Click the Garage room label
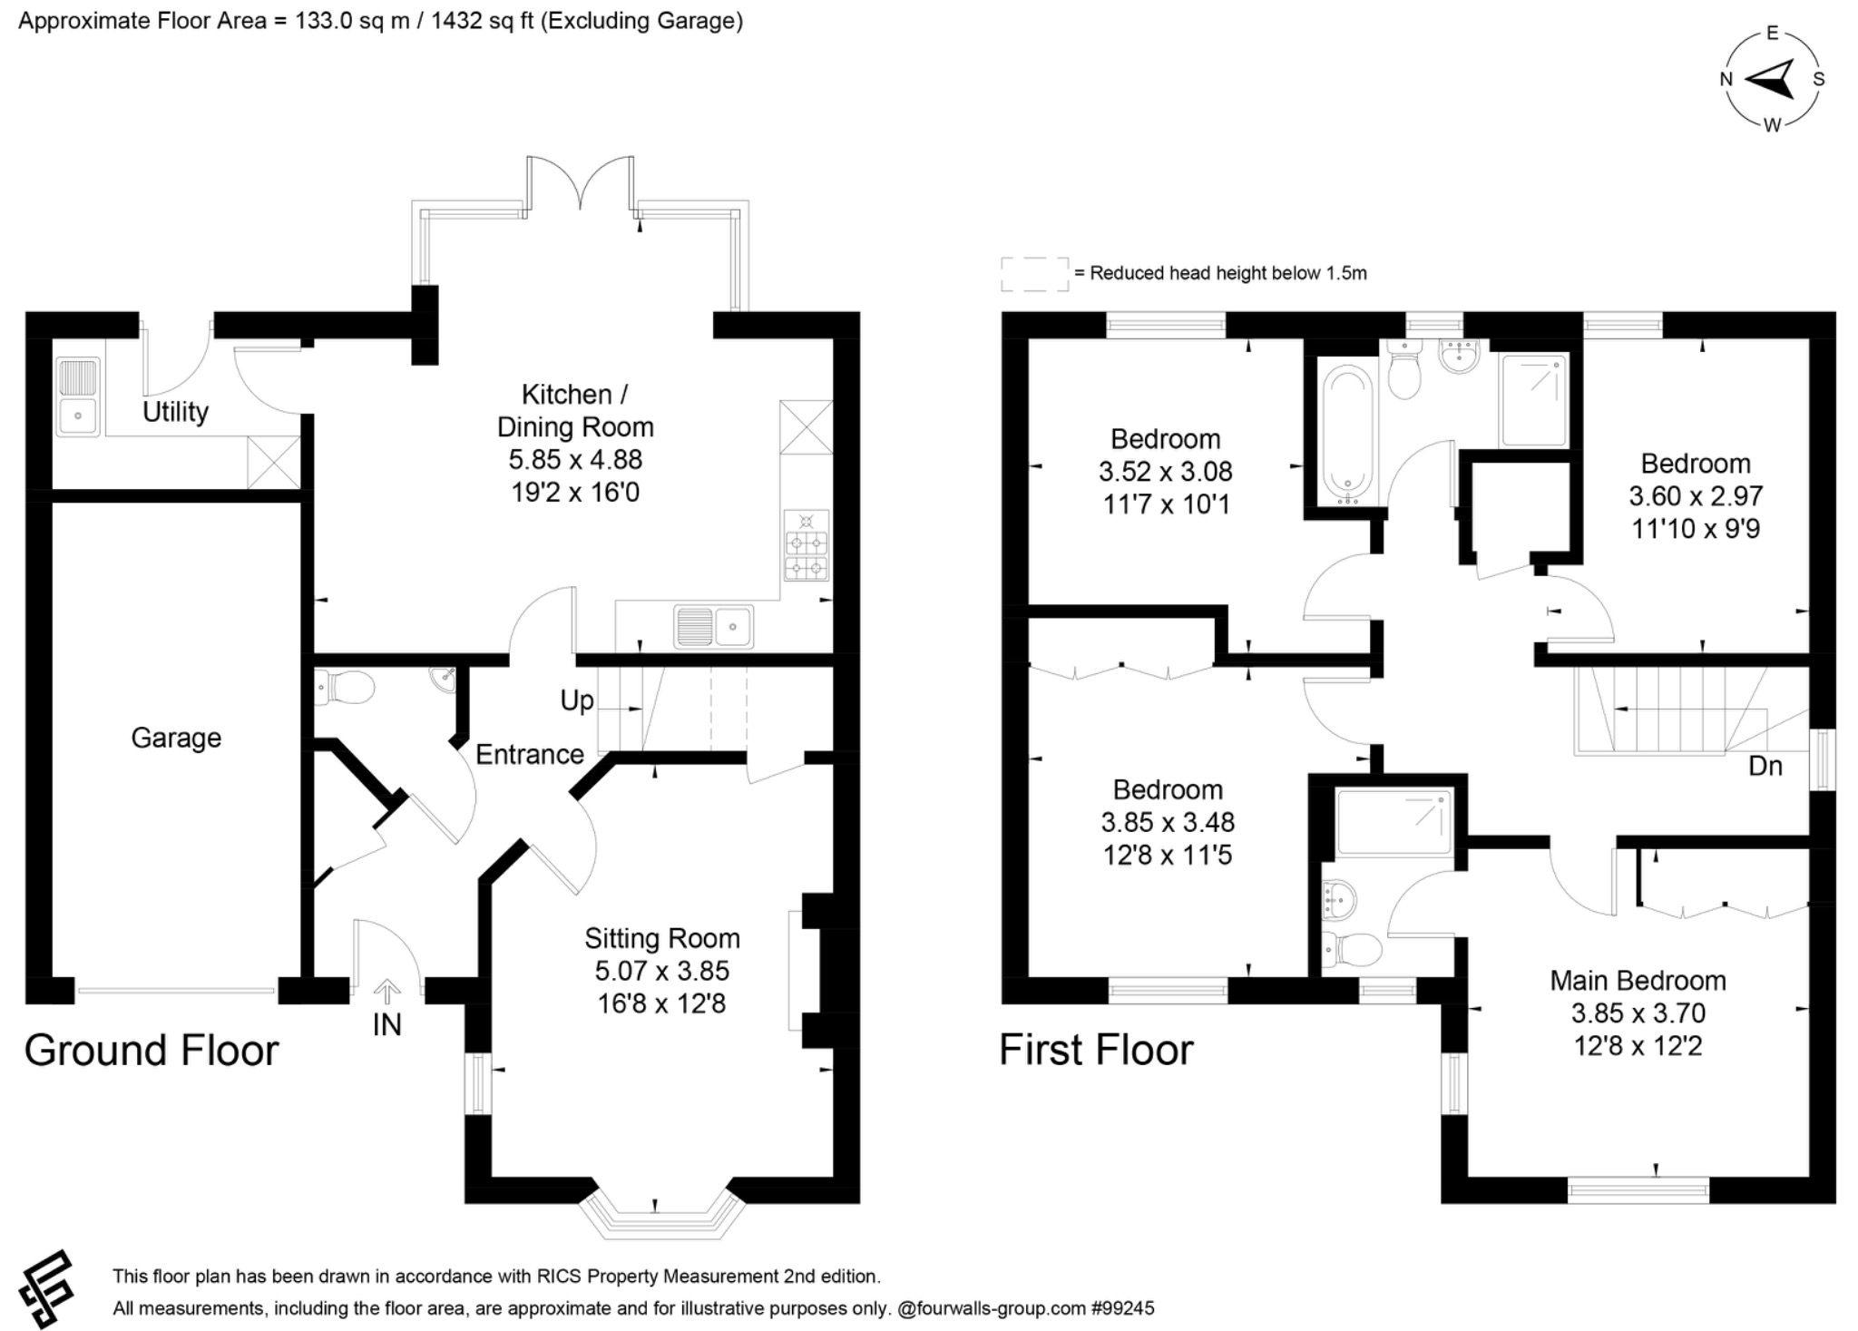tap(176, 738)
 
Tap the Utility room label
tap(175, 412)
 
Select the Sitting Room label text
tap(662, 938)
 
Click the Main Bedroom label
tap(1638, 981)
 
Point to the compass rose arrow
tap(1770, 80)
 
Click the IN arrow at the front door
tap(387, 991)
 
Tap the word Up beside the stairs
tap(577, 701)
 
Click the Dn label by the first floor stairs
tap(1765, 767)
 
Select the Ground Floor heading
tap(152, 1051)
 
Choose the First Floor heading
tap(1096, 1051)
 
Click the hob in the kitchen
tap(807, 545)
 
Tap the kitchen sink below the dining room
tap(713, 626)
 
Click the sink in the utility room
tap(78, 396)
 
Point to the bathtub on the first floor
tap(1347, 434)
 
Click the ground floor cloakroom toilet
tap(345, 688)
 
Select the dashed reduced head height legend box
tap(1035, 274)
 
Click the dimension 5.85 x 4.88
tap(575, 460)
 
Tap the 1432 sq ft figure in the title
tap(483, 21)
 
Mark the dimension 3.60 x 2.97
tap(1696, 496)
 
